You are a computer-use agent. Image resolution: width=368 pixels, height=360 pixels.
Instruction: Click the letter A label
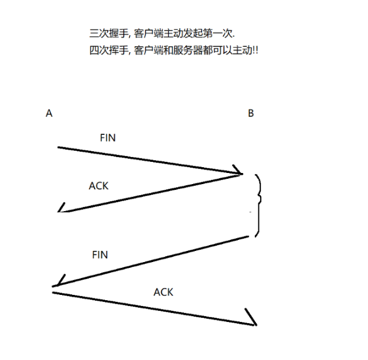coord(49,114)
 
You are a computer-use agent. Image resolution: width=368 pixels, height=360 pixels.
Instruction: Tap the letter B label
coord(251,114)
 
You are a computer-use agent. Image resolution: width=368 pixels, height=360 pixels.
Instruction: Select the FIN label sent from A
coord(108,138)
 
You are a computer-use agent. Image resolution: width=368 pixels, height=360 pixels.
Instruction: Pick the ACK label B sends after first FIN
coord(98,186)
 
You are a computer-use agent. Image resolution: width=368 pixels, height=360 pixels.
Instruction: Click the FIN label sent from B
coord(100,255)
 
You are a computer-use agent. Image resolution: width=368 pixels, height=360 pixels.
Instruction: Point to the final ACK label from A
coord(163,291)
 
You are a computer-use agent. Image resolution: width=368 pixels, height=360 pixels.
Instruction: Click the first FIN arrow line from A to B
coord(146,160)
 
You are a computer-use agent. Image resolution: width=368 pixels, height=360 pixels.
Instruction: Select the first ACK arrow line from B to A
coord(152,192)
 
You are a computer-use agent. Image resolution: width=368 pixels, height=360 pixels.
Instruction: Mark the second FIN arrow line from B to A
coord(152,262)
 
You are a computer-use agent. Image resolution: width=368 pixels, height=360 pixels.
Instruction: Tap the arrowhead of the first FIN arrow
coord(239,173)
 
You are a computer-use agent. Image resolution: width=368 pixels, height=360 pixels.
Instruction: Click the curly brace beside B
coord(258,205)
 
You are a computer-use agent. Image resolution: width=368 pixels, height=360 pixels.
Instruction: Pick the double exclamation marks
coord(255,50)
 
